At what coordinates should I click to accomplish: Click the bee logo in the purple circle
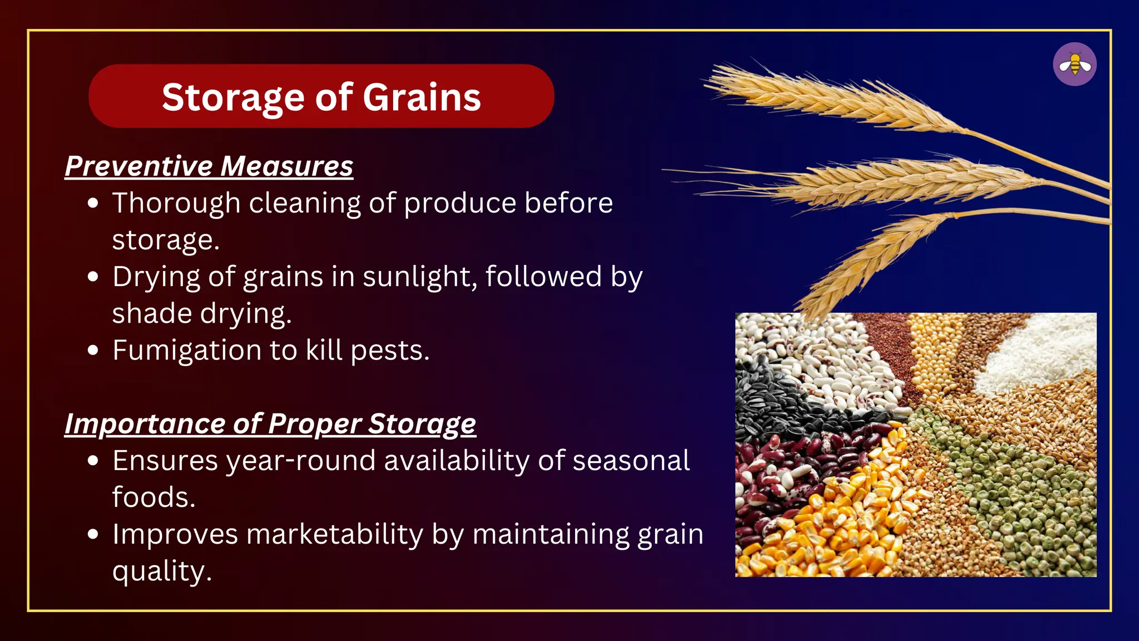pos(1074,65)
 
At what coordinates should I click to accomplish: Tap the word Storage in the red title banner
pos(233,97)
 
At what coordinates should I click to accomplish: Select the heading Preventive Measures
pos(209,166)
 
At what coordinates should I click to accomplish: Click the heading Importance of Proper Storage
pos(270,424)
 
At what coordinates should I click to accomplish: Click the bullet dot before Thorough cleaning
pos(93,203)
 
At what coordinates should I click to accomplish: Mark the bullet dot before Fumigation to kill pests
pos(93,351)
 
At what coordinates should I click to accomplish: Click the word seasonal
pos(631,461)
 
